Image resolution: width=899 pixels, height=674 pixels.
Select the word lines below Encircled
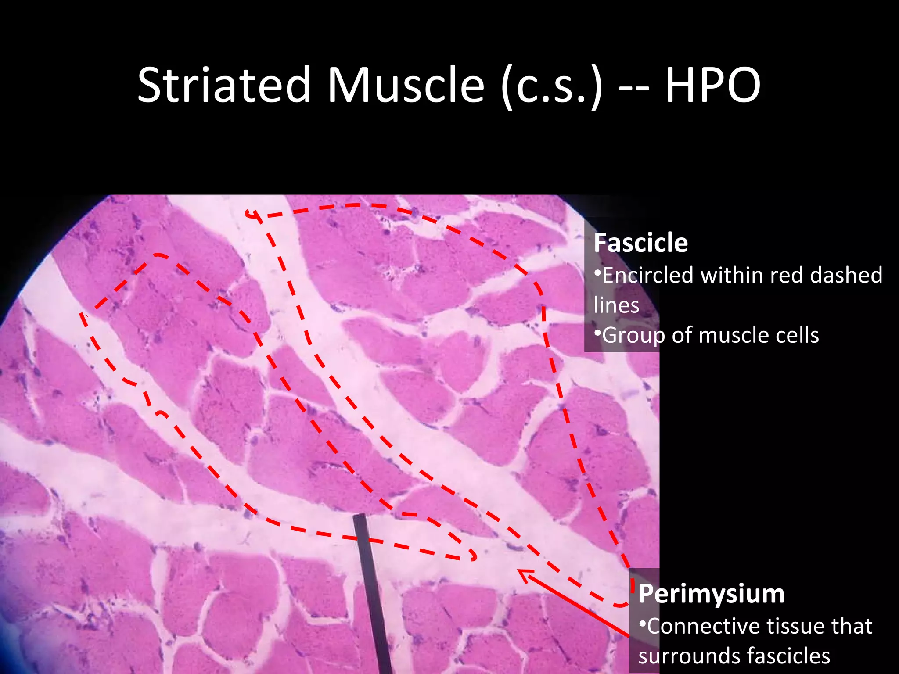(616, 305)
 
